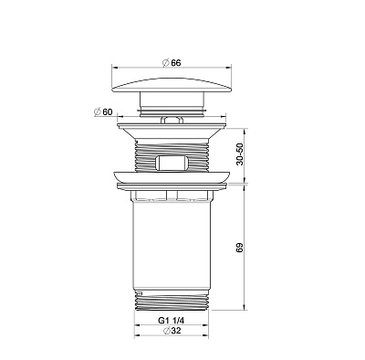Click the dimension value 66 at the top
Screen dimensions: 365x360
[x=176, y=63]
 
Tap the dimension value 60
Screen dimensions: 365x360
[x=108, y=111]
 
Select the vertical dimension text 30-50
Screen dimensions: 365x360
[x=240, y=154]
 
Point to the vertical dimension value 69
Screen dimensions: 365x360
[x=240, y=248]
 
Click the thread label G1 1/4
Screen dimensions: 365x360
[x=172, y=321]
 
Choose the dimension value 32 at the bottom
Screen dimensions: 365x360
[x=176, y=331]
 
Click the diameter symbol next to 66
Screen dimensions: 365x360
[x=165, y=63]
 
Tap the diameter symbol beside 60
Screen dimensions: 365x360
[x=98, y=111]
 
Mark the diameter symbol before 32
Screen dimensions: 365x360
[x=166, y=331]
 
